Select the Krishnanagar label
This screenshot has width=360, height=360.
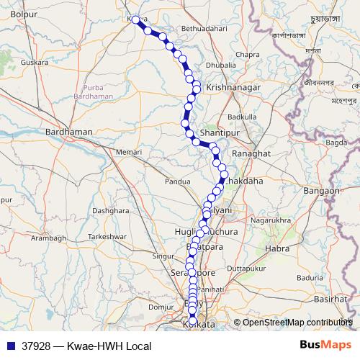[x=229, y=86]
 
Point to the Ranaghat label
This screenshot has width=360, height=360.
[x=251, y=154]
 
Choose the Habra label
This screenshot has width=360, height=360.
[x=278, y=248]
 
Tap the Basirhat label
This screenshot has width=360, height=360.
[x=330, y=298]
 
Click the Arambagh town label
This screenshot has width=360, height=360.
[x=48, y=238]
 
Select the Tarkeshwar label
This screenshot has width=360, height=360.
[x=107, y=236]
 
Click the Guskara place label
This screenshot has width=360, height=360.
[x=35, y=63]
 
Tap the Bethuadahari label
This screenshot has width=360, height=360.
[x=189, y=28]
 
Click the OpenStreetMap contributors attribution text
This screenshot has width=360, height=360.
[x=297, y=322]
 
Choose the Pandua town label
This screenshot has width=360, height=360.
[x=177, y=181]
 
